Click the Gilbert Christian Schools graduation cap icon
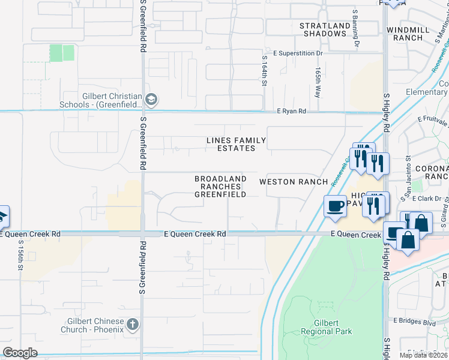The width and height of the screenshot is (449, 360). tap(151, 99)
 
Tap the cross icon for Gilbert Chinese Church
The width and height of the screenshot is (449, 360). tap(133, 325)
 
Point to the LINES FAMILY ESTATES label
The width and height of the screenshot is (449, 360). tap(236, 144)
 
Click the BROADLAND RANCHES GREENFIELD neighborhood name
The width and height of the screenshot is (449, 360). tap(220, 187)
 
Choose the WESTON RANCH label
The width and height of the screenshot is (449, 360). tap(294, 182)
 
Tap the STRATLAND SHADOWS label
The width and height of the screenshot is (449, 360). tap(325, 30)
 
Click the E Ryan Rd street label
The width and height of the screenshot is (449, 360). tap(291, 111)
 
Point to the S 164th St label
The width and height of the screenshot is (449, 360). tap(264, 71)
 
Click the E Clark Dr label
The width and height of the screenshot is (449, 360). tap(427, 199)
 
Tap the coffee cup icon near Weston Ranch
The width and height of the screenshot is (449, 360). tap(335, 207)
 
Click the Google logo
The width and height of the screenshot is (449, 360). tap(20, 353)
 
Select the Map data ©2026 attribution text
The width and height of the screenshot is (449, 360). tap(423, 355)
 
